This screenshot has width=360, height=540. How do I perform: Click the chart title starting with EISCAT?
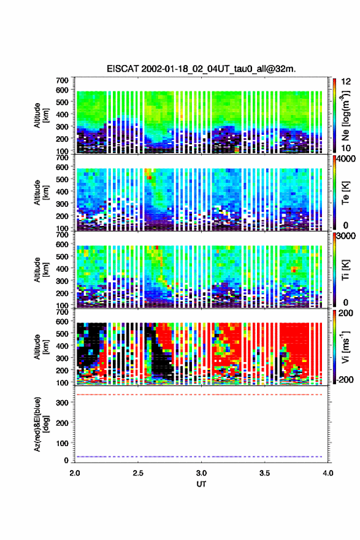click(201, 69)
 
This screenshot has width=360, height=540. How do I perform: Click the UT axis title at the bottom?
click(201, 484)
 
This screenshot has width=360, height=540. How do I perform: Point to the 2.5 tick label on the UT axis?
click(138, 473)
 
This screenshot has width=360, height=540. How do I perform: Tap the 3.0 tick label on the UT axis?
click(201, 473)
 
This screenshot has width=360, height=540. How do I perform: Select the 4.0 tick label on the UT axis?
click(327, 473)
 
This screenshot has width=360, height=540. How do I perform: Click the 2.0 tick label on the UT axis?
click(75, 473)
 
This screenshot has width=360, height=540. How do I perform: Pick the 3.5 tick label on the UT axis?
click(265, 473)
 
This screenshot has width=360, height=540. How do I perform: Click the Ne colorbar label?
click(345, 115)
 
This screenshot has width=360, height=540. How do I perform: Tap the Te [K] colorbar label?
click(345, 193)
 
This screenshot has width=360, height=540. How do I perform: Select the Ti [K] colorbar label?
click(345, 270)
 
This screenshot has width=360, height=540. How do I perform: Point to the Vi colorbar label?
click(345, 347)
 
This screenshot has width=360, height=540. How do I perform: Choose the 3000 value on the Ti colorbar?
click(344, 236)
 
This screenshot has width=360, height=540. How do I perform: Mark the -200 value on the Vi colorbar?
click(343, 380)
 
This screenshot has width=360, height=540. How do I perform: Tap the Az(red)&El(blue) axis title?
click(40, 424)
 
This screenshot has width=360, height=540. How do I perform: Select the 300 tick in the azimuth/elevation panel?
click(63, 403)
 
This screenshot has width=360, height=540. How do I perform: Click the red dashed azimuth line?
click(201, 395)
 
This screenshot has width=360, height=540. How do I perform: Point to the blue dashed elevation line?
click(201, 457)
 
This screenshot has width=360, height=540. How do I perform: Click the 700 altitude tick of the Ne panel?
click(63, 80)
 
